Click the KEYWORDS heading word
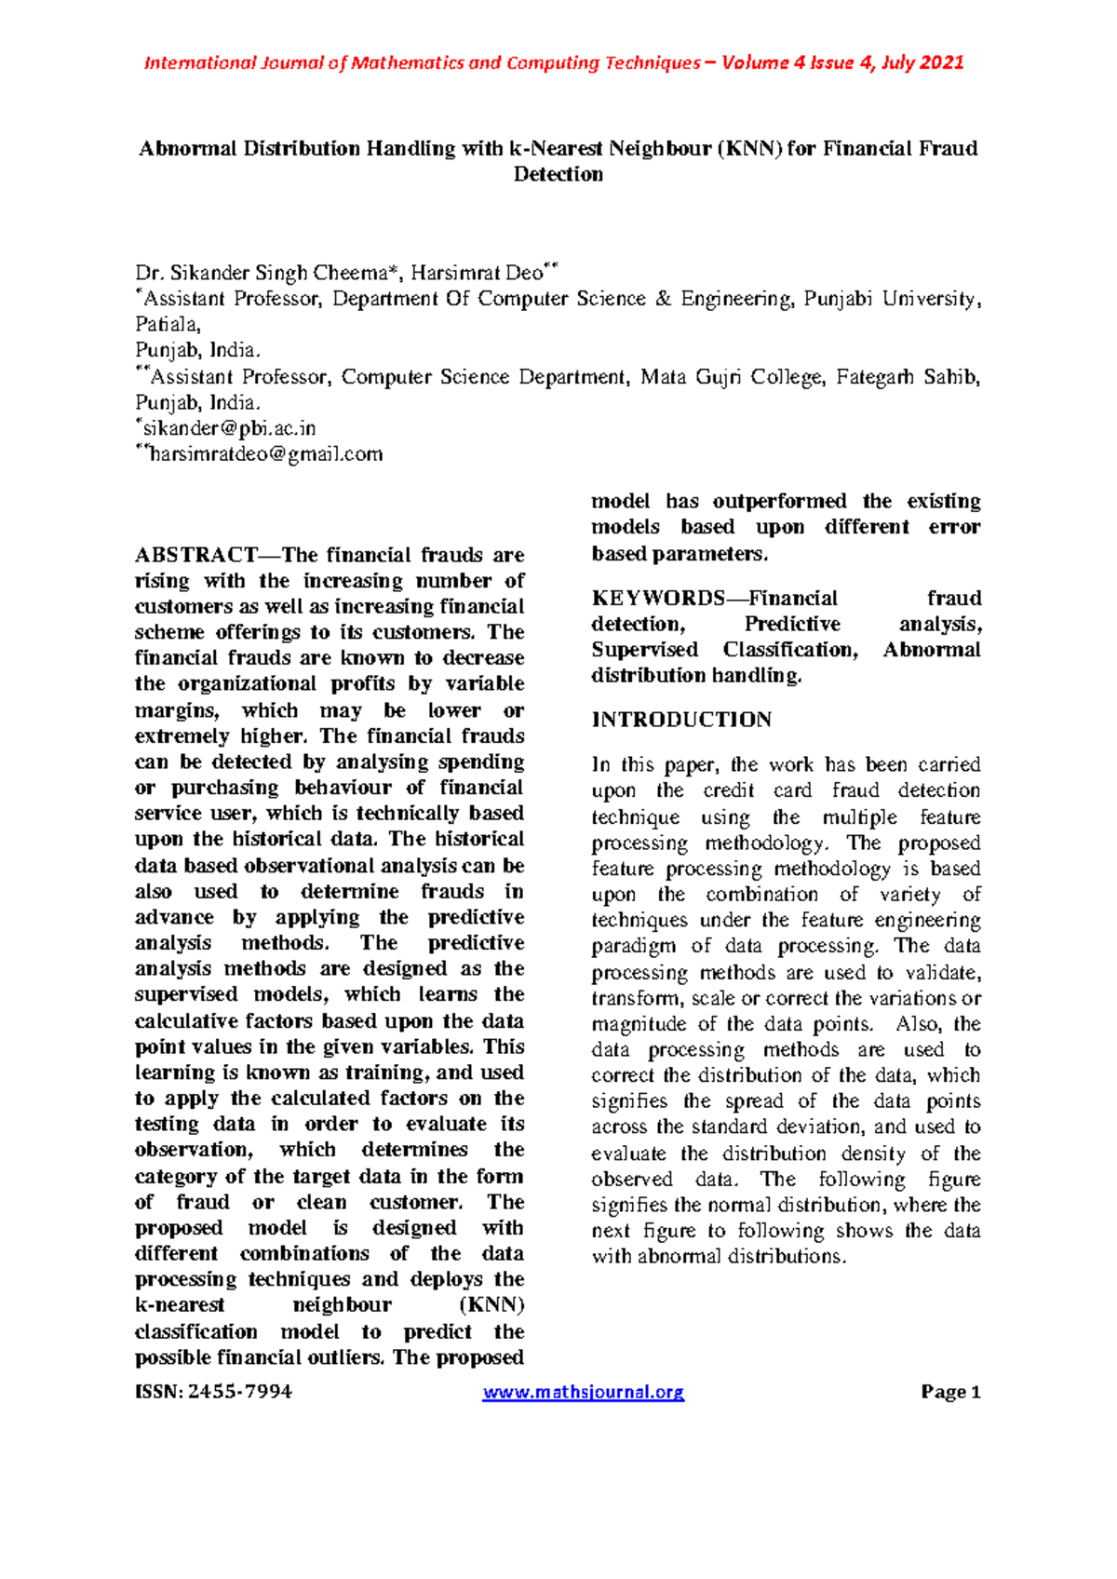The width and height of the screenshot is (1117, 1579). (657, 598)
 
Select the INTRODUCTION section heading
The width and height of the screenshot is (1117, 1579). (681, 720)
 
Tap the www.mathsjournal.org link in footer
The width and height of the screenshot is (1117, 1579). (584, 1392)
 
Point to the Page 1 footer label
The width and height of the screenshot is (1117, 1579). (950, 1392)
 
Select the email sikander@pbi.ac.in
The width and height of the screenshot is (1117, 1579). (229, 428)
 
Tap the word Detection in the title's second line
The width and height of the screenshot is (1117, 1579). (558, 174)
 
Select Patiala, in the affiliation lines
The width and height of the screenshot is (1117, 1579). (168, 324)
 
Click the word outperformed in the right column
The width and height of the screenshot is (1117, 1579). (779, 501)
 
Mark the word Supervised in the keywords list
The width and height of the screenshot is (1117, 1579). (644, 650)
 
